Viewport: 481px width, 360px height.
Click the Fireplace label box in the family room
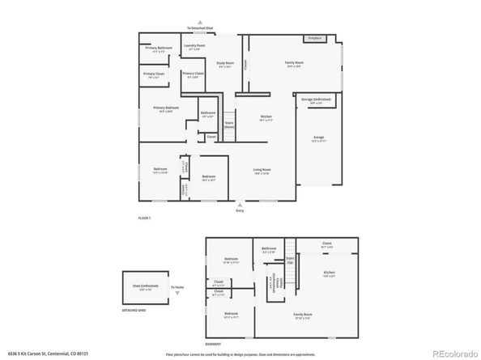(313, 39)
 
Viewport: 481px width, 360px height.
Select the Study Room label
(224, 64)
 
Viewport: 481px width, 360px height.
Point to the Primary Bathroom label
(159, 49)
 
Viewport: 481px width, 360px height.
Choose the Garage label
(319, 138)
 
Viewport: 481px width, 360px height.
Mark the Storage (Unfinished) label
(316, 101)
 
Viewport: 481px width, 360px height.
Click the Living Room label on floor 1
(262, 172)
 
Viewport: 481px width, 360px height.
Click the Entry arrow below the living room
(239, 205)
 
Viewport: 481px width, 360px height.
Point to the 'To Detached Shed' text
(200, 28)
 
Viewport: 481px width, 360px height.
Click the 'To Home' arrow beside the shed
(176, 287)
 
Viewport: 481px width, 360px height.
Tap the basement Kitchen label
(329, 273)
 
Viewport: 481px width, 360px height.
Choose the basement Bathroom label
(269, 250)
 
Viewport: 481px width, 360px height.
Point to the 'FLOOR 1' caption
(144, 218)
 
